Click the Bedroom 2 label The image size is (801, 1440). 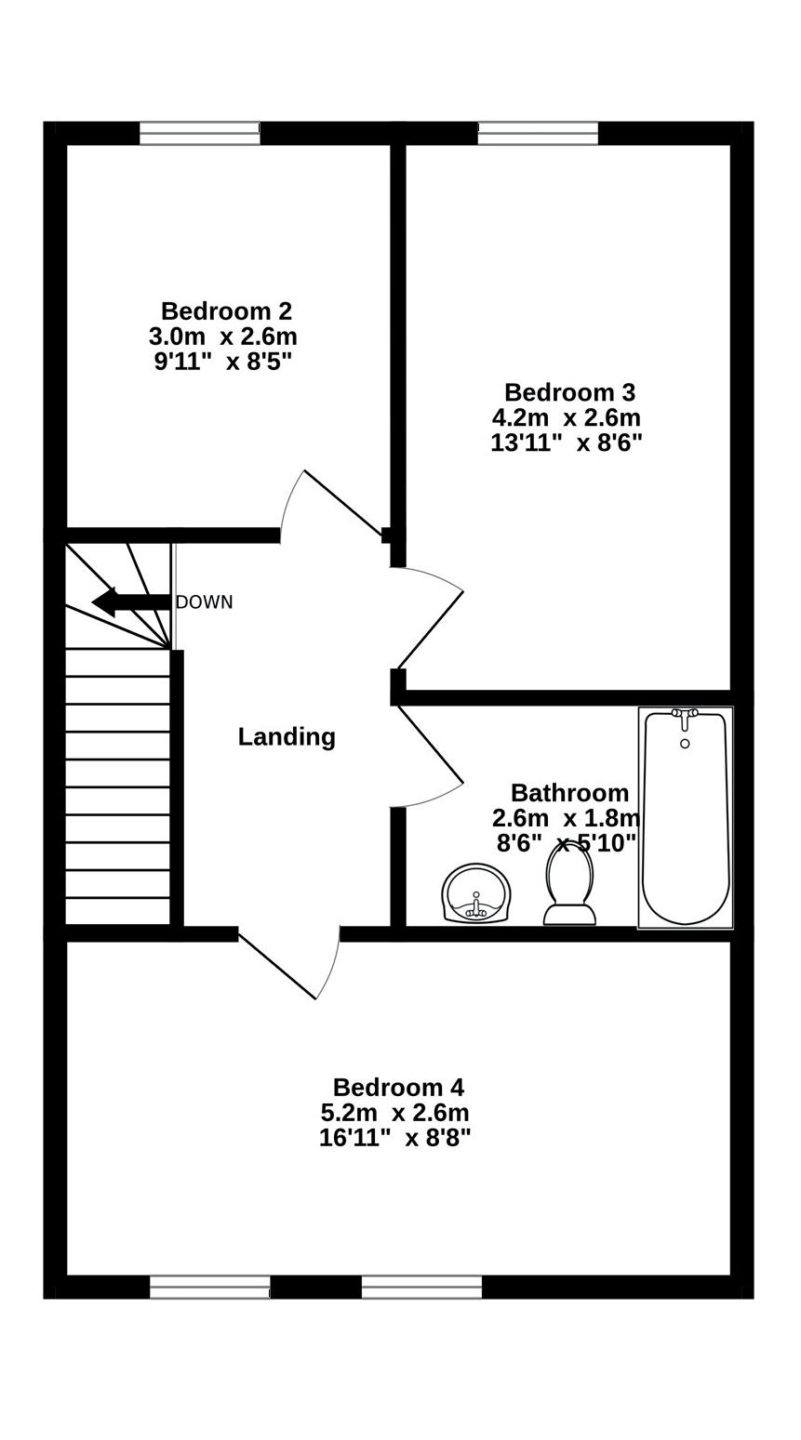pyautogui.click(x=226, y=311)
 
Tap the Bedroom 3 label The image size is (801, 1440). pyautogui.click(x=569, y=392)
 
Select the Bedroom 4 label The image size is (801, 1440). pyautogui.click(x=398, y=1087)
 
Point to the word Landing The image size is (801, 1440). pyautogui.click(x=287, y=737)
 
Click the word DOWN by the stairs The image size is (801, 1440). pyautogui.click(x=204, y=602)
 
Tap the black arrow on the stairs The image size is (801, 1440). pyautogui.click(x=130, y=602)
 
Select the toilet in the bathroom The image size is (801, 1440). pyautogui.click(x=569, y=885)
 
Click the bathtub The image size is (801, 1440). pyautogui.click(x=686, y=827)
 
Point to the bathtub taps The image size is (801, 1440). pyautogui.click(x=685, y=715)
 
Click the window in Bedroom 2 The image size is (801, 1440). pyautogui.click(x=200, y=133)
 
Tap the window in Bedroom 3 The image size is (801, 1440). pyautogui.click(x=538, y=133)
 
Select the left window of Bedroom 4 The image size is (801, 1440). pyautogui.click(x=210, y=1287)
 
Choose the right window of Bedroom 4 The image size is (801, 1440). pyautogui.click(x=421, y=1287)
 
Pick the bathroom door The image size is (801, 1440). pyautogui.click(x=430, y=744)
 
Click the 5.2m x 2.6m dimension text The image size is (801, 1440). pyautogui.click(x=394, y=1113)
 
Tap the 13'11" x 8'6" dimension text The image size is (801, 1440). pyautogui.click(x=566, y=443)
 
